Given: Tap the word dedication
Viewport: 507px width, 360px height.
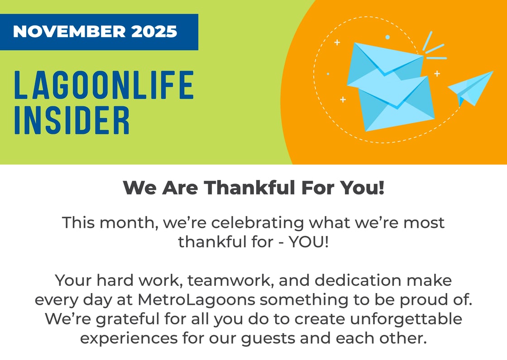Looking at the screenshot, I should click(x=344, y=280).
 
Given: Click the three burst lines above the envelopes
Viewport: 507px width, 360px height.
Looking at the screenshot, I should click(x=433, y=47).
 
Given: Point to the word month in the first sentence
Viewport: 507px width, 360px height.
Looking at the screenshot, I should click(x=127, y=223).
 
